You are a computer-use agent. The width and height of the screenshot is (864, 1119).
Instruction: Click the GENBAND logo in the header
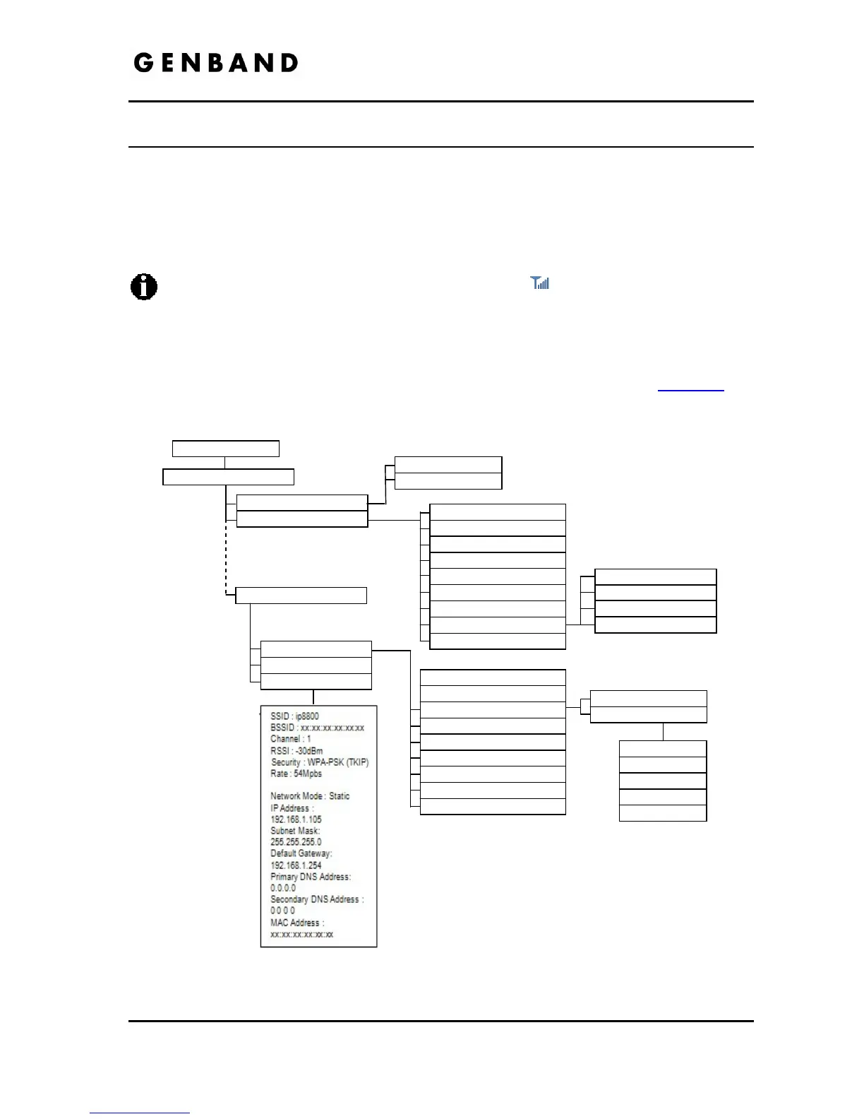coord(215,63)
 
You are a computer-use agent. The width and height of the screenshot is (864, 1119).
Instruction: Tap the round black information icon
coord(144,288)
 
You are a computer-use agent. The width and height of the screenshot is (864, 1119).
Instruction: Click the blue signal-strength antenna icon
coord(540,283)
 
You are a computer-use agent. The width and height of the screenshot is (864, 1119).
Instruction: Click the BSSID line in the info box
coord(317,728)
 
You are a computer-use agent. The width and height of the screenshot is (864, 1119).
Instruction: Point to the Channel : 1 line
coord(290,739)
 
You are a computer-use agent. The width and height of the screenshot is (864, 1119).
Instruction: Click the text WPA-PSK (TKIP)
coord(338,762)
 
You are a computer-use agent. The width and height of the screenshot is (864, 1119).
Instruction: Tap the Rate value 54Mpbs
coord(308,774)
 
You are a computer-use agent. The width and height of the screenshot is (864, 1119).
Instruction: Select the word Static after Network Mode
coord(339,796)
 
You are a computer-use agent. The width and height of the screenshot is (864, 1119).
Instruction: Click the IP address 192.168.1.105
coord(296,819)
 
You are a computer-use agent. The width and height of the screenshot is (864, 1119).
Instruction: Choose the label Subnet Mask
coord(295,831)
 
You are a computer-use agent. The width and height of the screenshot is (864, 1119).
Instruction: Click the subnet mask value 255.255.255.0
coord(296,842)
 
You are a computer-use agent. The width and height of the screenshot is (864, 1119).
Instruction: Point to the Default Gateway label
coord(301,853)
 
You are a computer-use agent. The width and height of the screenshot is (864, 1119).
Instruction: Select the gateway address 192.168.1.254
coord(296,865)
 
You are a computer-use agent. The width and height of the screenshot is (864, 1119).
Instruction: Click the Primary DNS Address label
coord(310,877)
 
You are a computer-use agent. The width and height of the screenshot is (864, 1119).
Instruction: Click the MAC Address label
coord(297,923)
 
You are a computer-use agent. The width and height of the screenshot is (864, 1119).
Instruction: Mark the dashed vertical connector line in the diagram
coord(225,558)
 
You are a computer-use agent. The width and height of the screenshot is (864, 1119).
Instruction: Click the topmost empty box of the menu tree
coord(226,449)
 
